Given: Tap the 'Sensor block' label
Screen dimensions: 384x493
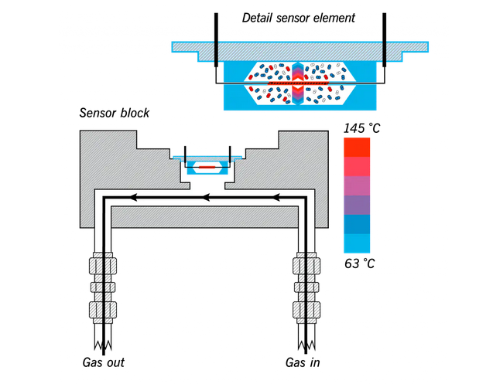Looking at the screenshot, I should point(115,113).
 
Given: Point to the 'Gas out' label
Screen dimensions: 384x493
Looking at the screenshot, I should point(103,362).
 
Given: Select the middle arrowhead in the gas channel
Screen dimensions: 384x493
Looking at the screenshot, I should point(206,199).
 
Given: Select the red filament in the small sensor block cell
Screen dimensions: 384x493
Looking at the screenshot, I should point(207,166).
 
